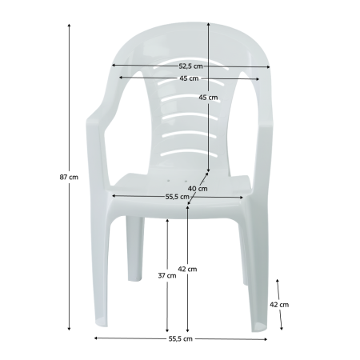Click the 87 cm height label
pyautogui.click(x=69, y=177)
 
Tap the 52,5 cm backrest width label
pyautogui.click(x=190, y=66)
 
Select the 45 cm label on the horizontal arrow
pyautogui.click(x=189, y=78)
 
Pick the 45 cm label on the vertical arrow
pyautogui.click(x=208, y=98)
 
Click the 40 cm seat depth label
pyautogui.click(x=198, y=189)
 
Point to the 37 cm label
pyautogui.click(x=167, y=275)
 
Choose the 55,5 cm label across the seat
pyautogui.click(x=178, y=197)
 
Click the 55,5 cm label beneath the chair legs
pyautogui.click(x=181, y=338)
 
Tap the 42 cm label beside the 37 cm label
pyautogui.click(x=187, y=269)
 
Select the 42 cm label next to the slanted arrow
pyautogui.click(x=279, y=305)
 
